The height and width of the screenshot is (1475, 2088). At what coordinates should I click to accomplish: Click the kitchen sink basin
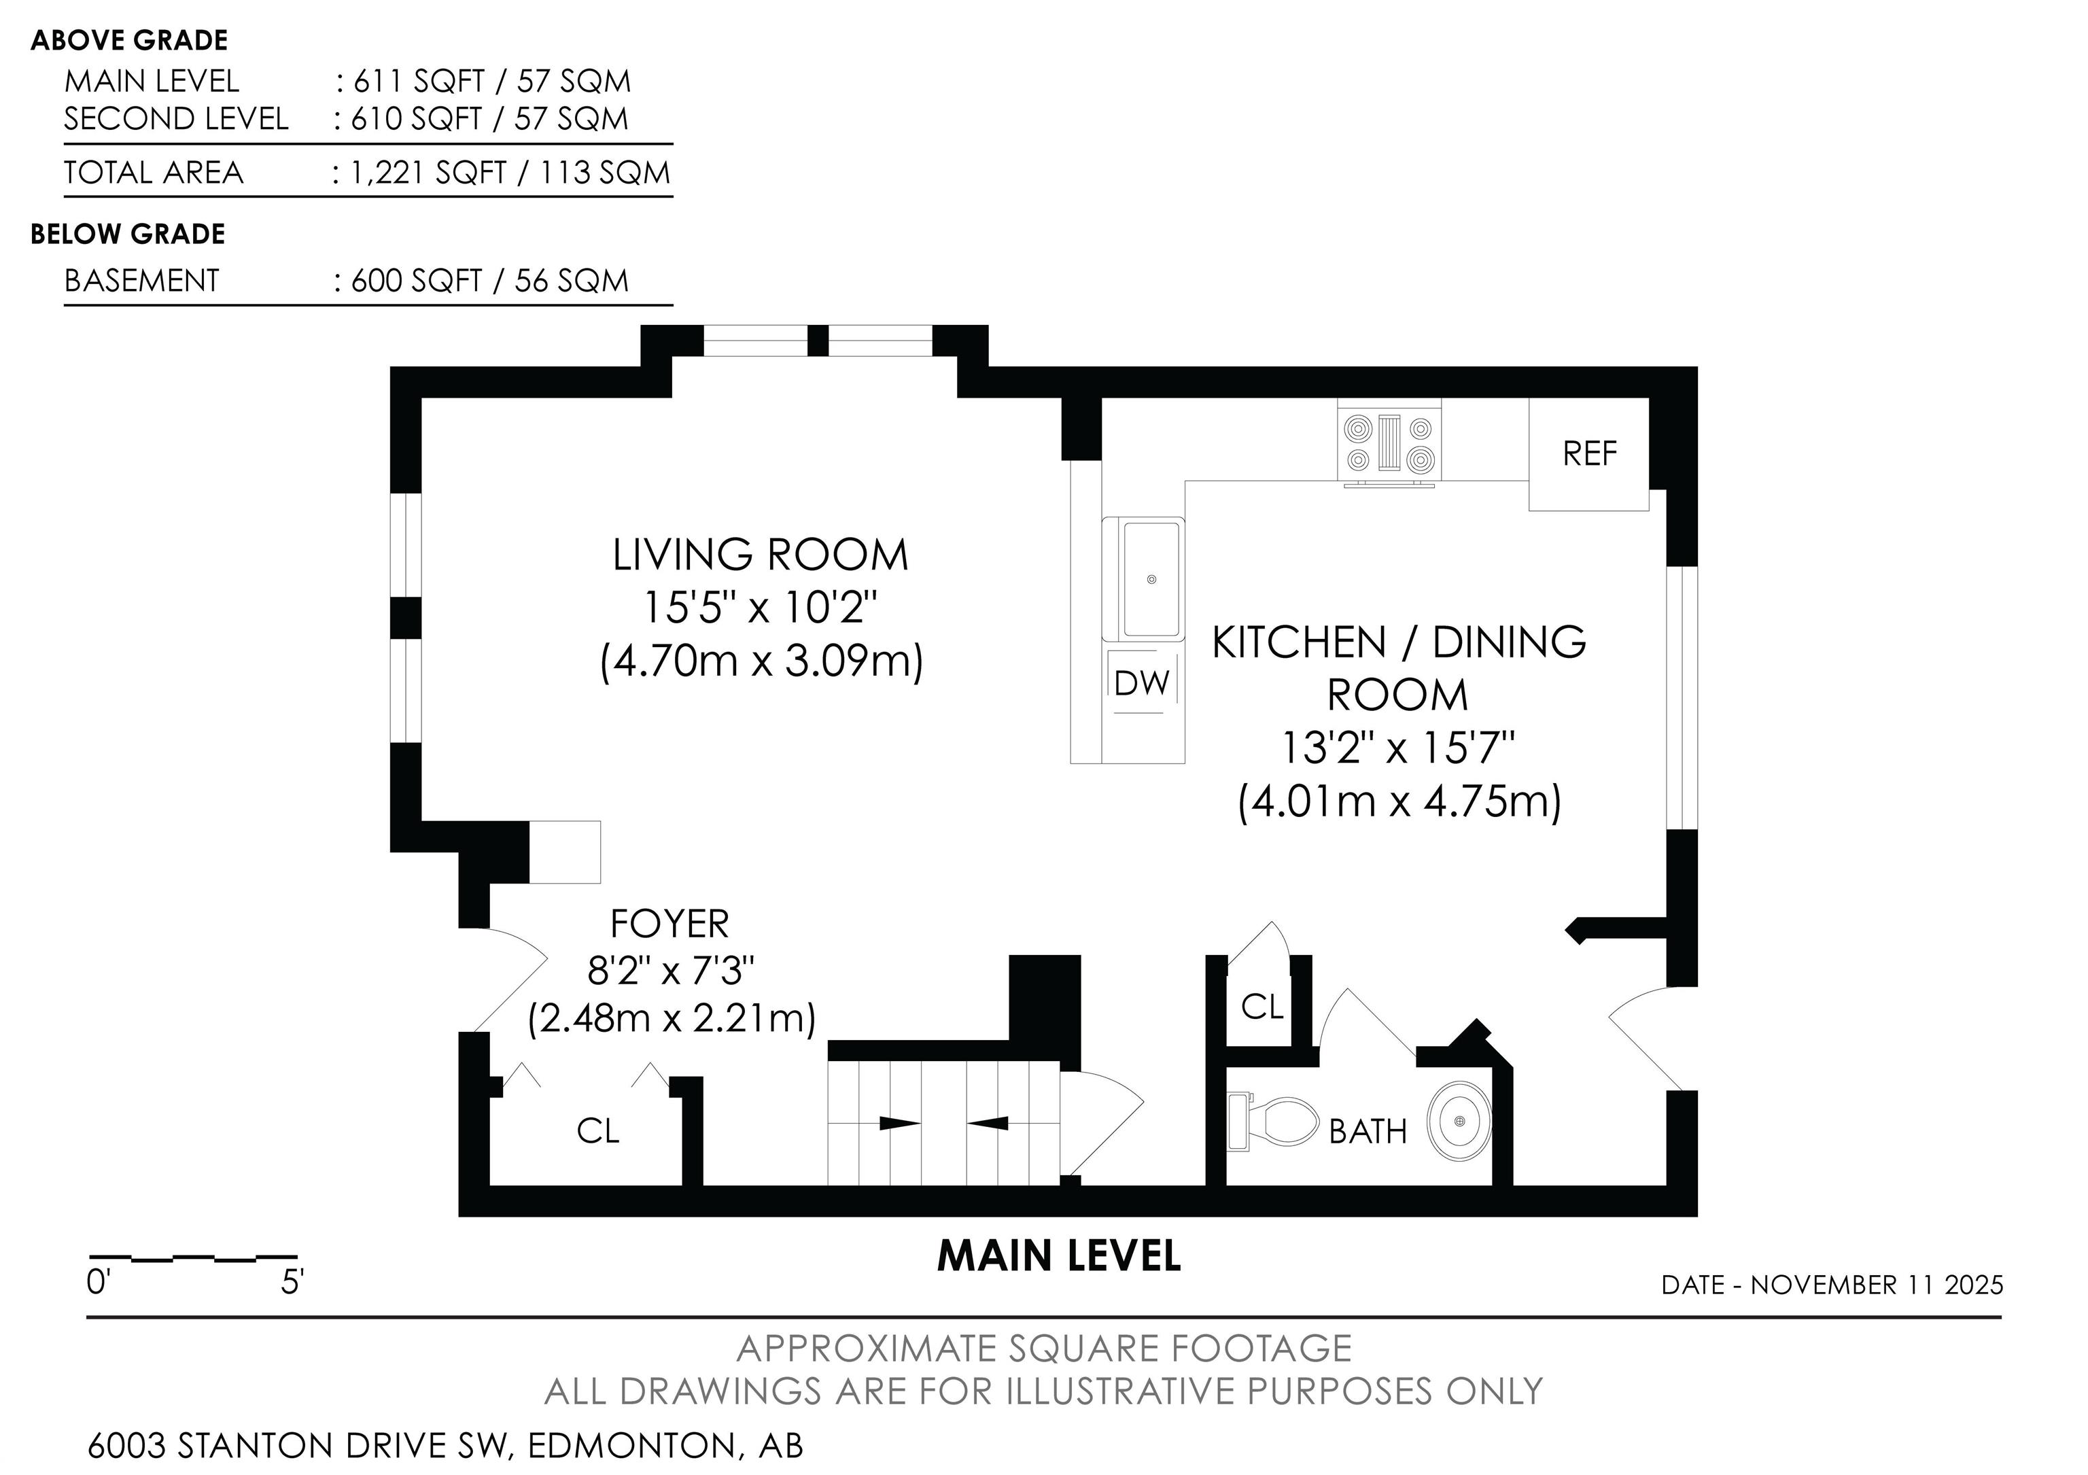[x=1152, y=579]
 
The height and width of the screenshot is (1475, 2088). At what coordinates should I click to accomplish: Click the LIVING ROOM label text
[x=761, y=555]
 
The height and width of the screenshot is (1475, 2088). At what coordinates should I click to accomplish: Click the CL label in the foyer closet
[x=597, y=1130]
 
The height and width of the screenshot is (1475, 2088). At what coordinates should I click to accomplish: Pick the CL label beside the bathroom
[x=1262, y=1007]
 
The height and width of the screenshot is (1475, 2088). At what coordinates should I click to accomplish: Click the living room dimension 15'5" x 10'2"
[x=761, y=608]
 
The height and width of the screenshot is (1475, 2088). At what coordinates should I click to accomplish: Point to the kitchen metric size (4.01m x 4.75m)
[x=1399, y=802]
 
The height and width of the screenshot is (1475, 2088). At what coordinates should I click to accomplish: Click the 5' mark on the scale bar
[x=292, y=1283]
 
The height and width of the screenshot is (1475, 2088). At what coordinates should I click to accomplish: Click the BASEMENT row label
[x=142, y=280]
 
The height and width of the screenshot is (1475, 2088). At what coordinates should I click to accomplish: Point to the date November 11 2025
[x=1877, y=1285]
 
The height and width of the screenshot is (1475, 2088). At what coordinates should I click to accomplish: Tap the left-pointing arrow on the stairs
[x=988, y=1123]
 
